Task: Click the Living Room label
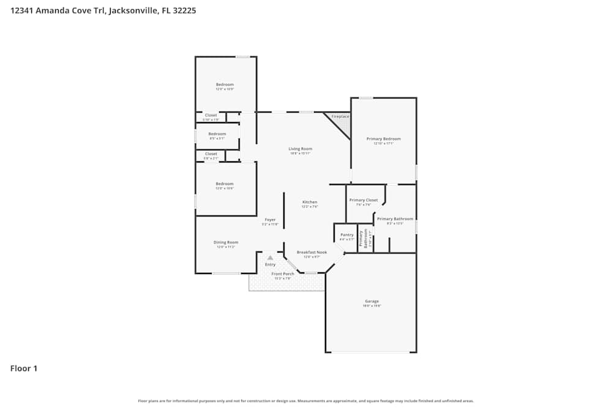click(300, 149)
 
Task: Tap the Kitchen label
click(310, 202)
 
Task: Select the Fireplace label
click(340, 117)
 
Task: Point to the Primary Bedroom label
click(384, 139)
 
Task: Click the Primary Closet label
click(364, 201)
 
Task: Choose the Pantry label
click(347, 235)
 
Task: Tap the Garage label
click(371, 302)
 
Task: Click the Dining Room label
click(226, 242)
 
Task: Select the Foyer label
click(270, 220)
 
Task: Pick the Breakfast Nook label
click(312, 252)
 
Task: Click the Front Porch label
click(283, 273)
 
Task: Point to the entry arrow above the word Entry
click(270, 258)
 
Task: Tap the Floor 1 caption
click(24, 369)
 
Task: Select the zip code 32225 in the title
click(184, 10)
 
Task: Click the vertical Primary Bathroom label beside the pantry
click(365, 238)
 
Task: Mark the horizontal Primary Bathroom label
click(395, 219)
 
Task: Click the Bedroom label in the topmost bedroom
click(225, 85)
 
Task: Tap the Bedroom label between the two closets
click(217, 134)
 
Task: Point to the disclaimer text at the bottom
click(306, 400)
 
